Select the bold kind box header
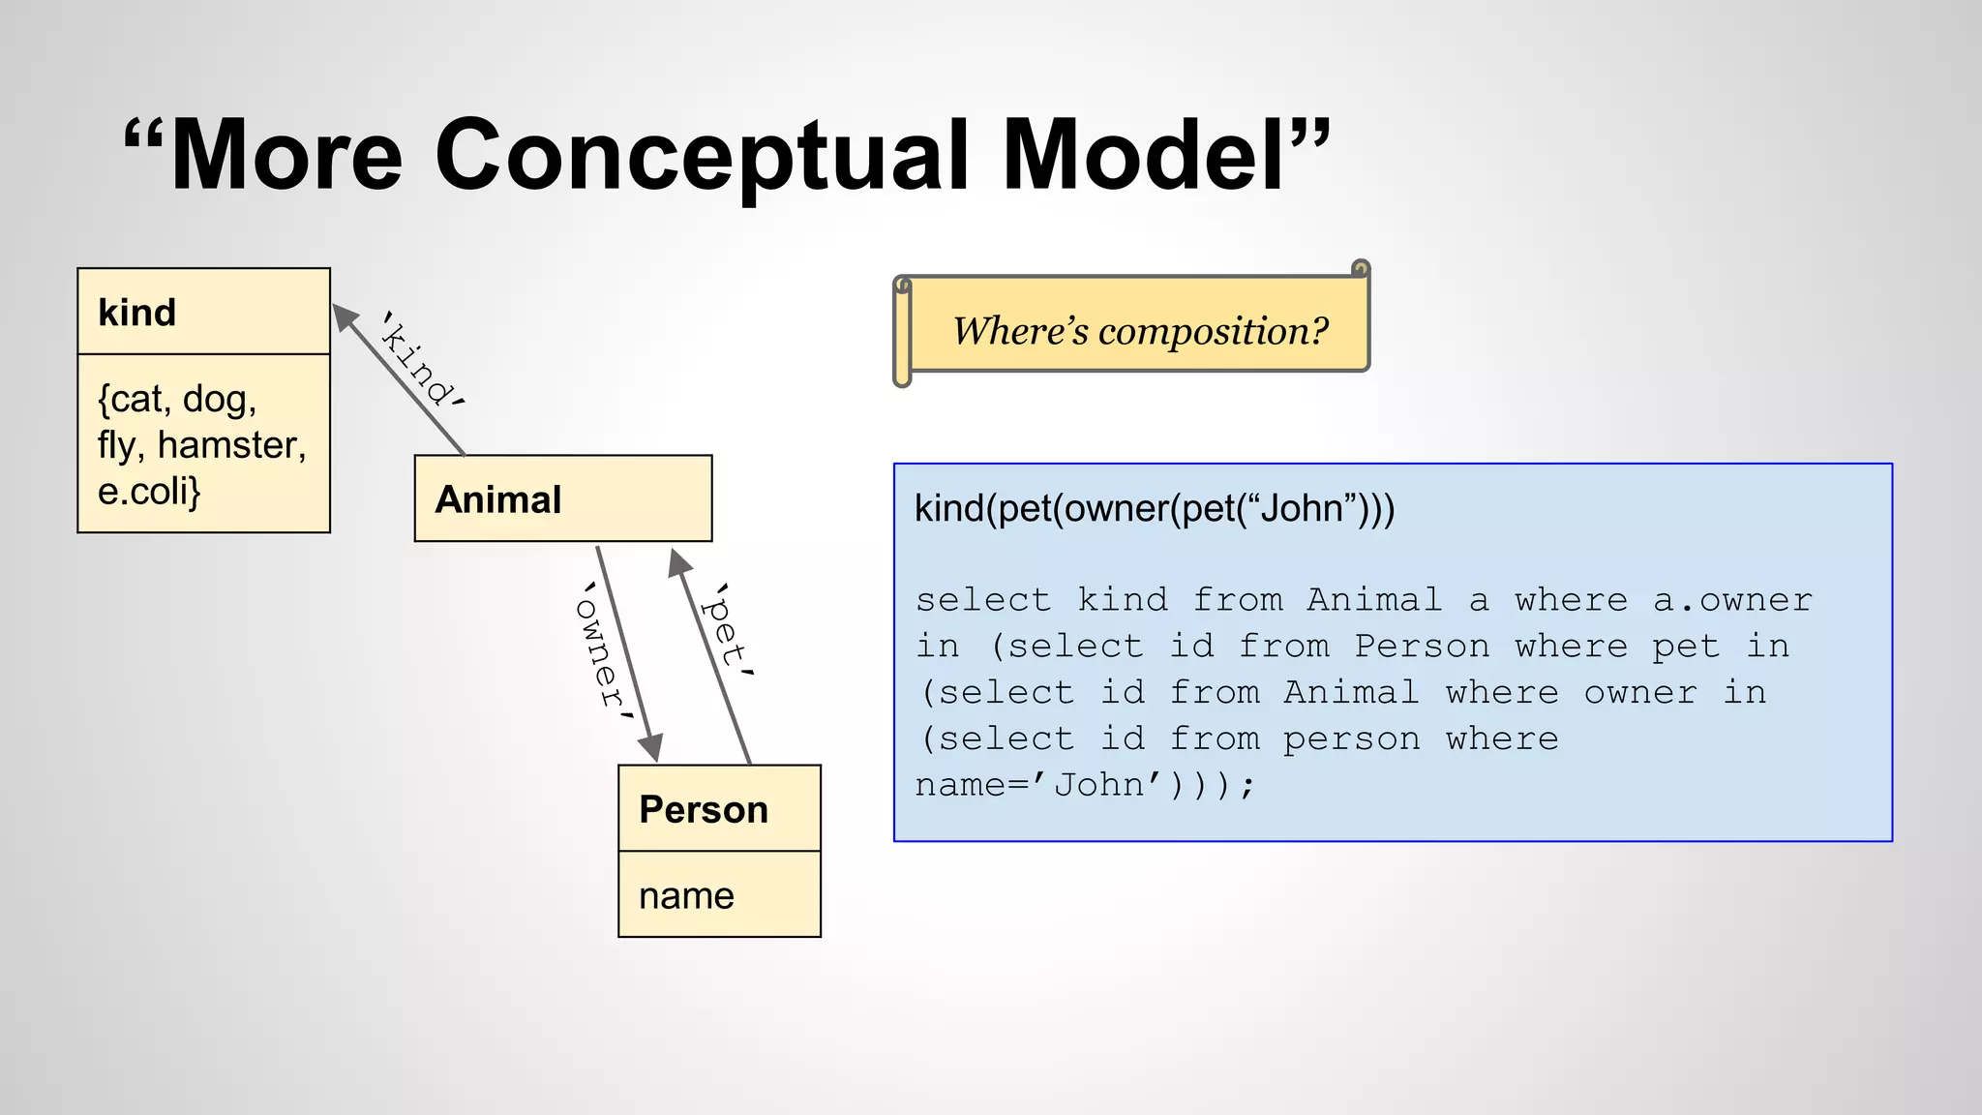(x=137, y=313)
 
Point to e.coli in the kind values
(x=147, y=492)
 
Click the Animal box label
(x=497, y=499)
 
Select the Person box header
(x=704, y=809)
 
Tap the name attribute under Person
(x=686, y=895)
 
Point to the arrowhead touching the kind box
(x=344, y=316)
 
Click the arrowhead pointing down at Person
(x=652, y=748)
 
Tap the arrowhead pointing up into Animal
(x=679, y=562)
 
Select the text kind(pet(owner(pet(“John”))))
(x=1154, y=508)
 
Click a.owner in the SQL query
(x=1731, y=600)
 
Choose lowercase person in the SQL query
(x=1351, y=739)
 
